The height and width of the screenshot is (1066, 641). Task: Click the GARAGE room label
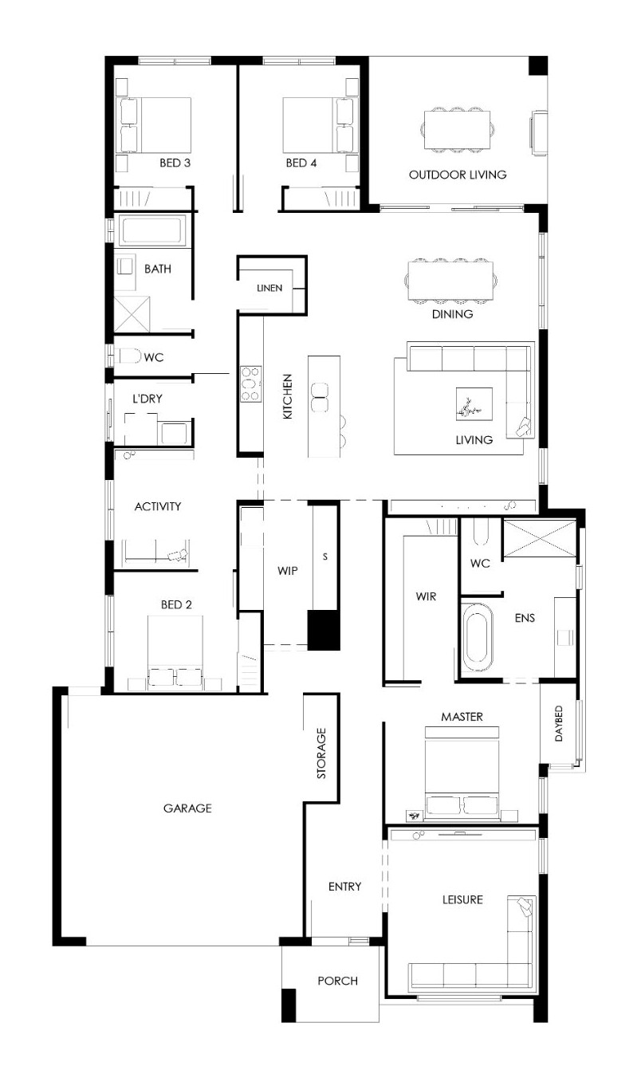pos(187,808)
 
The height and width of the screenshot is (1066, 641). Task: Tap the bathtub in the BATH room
pos(151,230)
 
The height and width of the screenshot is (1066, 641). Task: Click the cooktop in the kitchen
pos(251,384)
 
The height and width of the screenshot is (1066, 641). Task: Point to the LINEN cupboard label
pos(269,288)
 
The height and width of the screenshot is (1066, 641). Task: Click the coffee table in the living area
pos(474,403)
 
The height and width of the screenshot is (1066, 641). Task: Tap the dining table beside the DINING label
pos(450,281)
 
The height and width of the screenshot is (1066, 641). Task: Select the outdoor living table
pos(457,130)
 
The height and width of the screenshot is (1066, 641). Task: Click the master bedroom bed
pos(462,773)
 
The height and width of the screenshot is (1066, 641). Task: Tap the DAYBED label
pos(559,723)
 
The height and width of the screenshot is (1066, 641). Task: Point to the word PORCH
pos(337,981)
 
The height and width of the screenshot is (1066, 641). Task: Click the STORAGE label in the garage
pos(321,753)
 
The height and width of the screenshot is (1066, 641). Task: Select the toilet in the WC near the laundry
pos(129,356)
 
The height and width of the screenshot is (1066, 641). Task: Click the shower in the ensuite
pos(540,538)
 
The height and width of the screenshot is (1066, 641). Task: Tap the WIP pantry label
pos(288,571)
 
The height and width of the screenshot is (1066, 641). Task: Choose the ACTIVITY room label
pos(158,506)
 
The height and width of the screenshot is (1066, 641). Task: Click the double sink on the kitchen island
pos(320,397)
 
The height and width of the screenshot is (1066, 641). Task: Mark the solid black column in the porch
pos(289,1005)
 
